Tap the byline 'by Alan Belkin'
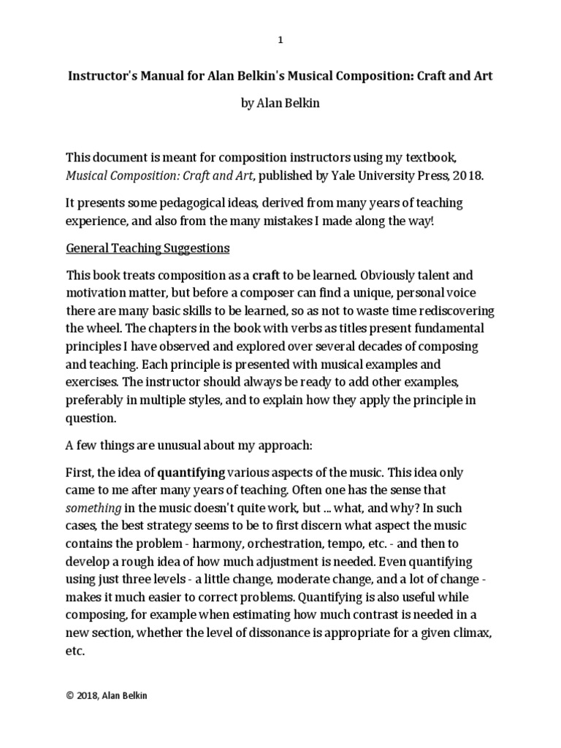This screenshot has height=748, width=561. point(280,104)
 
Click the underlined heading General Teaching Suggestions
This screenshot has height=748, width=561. point(148,248)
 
